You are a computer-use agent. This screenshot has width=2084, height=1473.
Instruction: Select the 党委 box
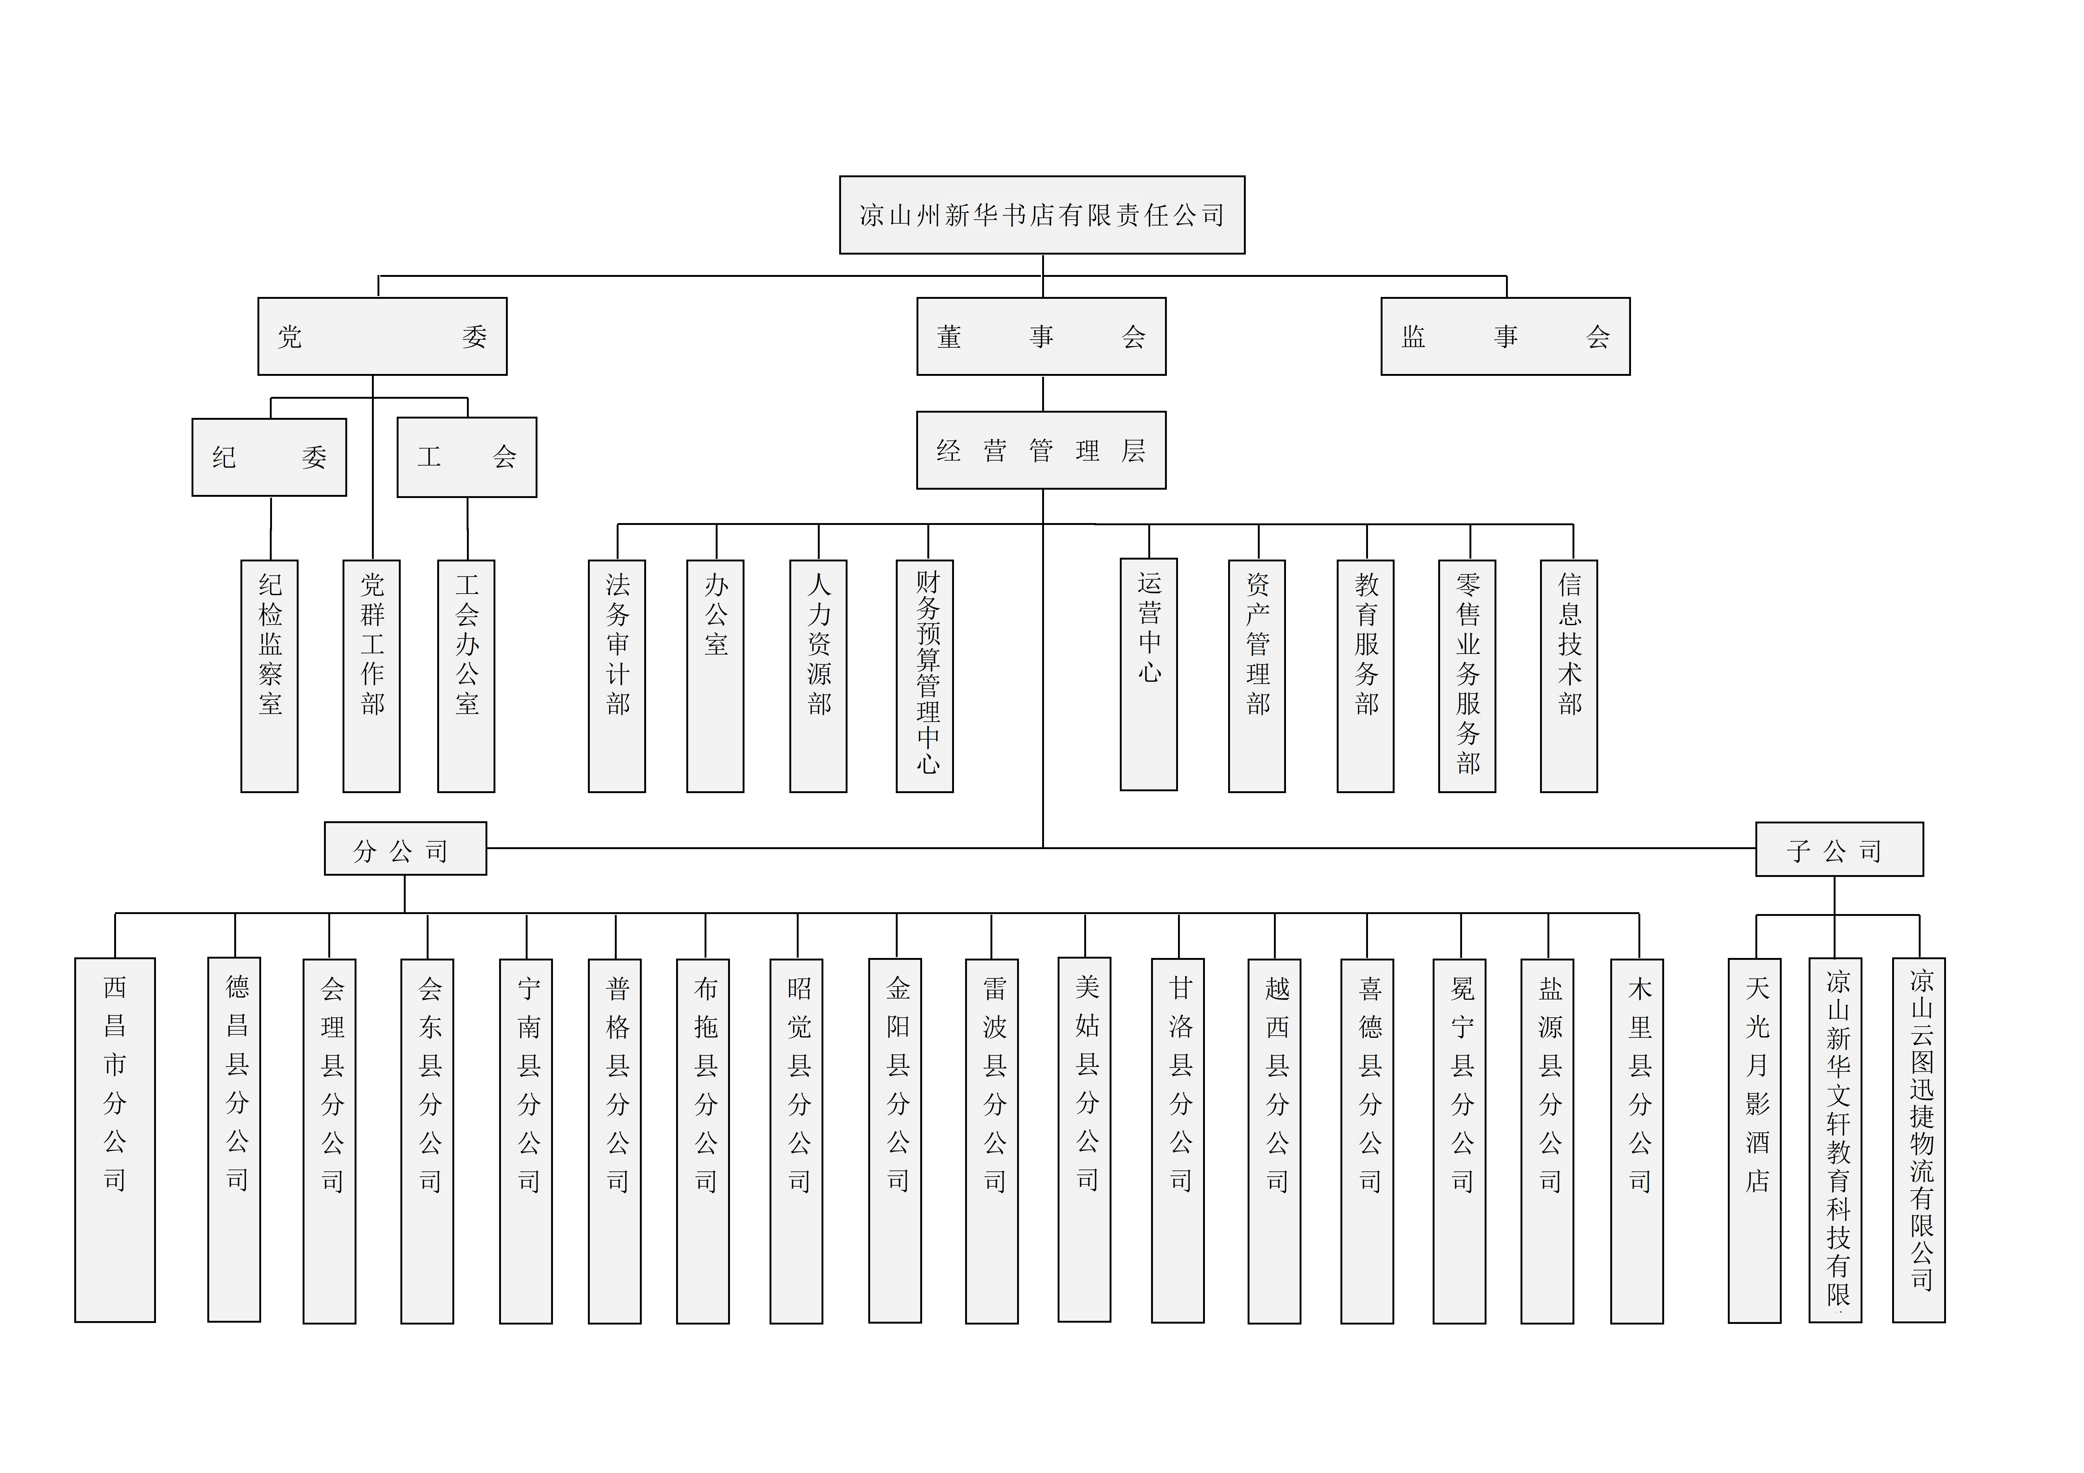(x=382, y=337)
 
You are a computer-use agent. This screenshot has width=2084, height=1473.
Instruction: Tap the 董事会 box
(x=1041, y=337)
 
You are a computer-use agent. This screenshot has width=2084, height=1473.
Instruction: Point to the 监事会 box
(x=1505, y=337)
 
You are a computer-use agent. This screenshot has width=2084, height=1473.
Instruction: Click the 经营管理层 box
(x=1041, y=450)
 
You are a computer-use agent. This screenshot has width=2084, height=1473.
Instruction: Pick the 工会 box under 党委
(x=467, y=457)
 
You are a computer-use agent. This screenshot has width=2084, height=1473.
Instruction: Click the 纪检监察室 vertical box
(x=270, y=676)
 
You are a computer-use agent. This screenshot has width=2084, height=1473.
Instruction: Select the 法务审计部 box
(x=617, y=676)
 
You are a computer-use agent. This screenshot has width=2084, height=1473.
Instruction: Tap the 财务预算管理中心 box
(x=925, y=676)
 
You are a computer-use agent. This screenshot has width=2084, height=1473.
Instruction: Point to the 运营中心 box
(x=1149, y=674)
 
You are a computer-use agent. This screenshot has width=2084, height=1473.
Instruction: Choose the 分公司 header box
(x=405, y=848)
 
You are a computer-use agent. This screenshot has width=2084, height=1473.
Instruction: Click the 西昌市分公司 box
(x=115, y=1140)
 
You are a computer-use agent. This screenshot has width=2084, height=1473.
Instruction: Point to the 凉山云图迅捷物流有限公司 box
(x=1919, y=1140)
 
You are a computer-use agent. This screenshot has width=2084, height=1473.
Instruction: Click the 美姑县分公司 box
(x=1085, y=1140)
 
